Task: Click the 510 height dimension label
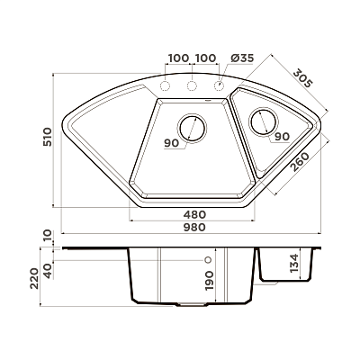[x=48, y=137]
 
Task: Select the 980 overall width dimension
[x=194, y=227]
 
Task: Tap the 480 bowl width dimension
[x=194, y=214]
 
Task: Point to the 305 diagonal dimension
[x=303, y=78]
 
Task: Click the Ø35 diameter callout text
[x=242, y=58]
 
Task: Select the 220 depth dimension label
[x=34, y=278]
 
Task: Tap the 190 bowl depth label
[x=209, y=280]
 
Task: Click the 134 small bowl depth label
[x=294, y=263]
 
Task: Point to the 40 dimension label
[x=48, y=271]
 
